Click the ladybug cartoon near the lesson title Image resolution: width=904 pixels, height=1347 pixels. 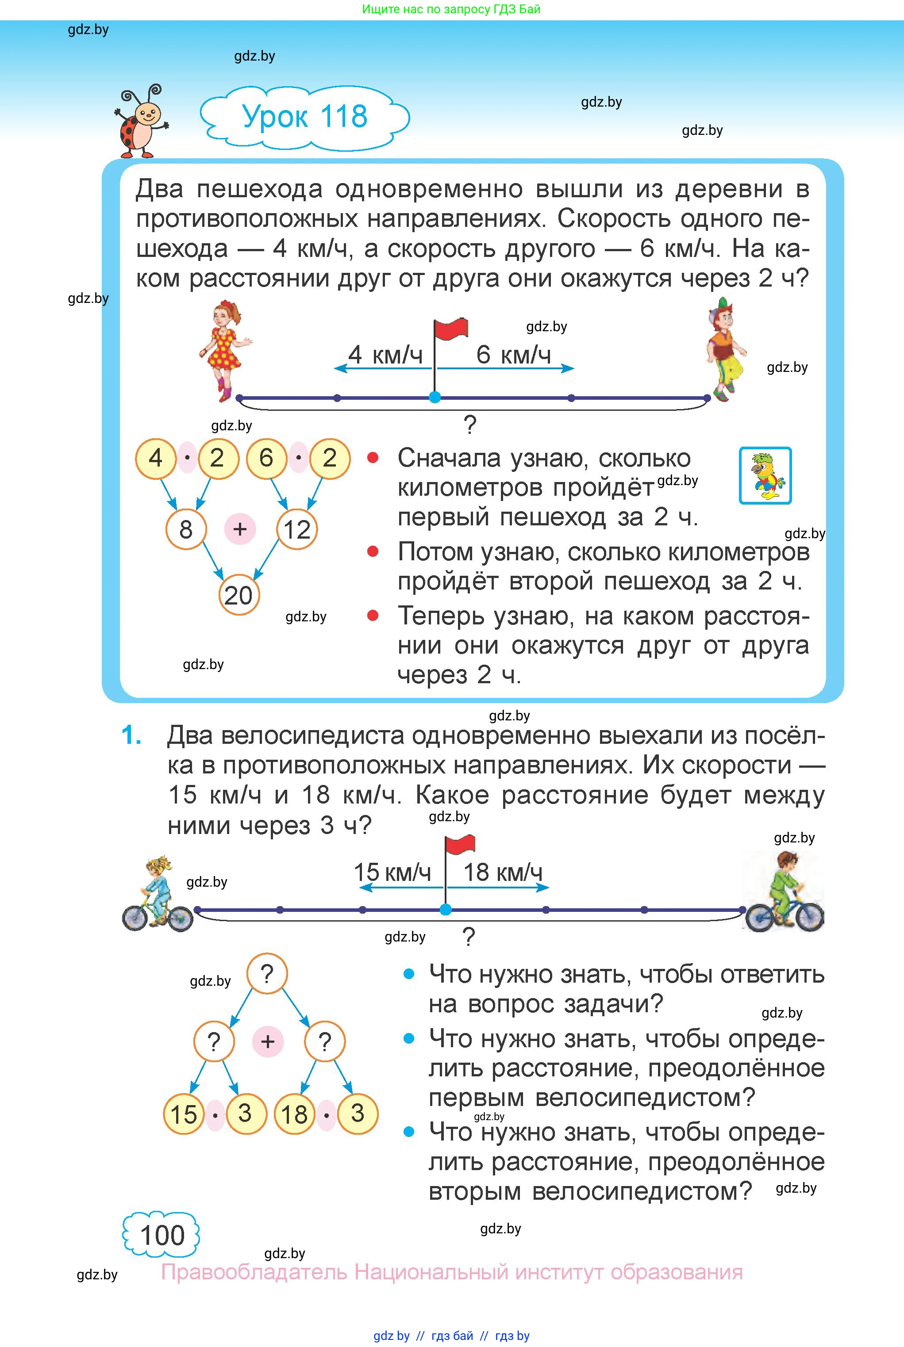pyautogui.click(x=140, y=122)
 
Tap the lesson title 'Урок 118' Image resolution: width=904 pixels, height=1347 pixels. pyautogui.click(x=304, y=117)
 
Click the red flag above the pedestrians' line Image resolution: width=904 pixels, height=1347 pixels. pyautogui.click(x=450, y=329)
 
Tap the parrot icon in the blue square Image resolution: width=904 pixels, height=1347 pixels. pyautogui.click(x=765, y=476)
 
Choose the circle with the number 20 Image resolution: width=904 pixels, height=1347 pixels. pyautogui.click(x=239, y=595)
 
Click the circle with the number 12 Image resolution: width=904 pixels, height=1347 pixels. pyautogui.click(x=297, y=529)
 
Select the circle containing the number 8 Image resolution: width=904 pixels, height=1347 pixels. pyautogui.click(x=186, y=529)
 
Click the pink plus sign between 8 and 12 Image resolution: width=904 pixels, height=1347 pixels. pyautogui.click(x=240, y=529)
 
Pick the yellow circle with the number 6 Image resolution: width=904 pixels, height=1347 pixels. pyautogui.click(x=266, y=459)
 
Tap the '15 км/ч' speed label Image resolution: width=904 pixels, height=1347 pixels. pyautogui.click(x=392, y=872)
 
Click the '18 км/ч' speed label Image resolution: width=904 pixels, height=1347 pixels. pyautogui.click(x=503, y=872)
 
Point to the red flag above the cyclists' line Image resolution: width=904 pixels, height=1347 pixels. pyautogui.click(x=459, y=845)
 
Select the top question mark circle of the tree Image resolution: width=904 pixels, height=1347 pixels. pyautogui.click(x=266, y=974)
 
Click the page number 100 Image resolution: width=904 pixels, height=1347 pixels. pyautogui.click(x=162, y=1235)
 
